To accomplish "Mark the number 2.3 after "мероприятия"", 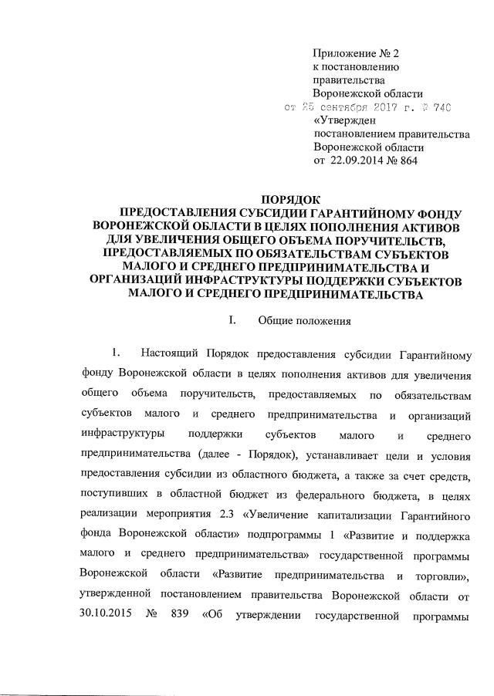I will coord(245,515).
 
